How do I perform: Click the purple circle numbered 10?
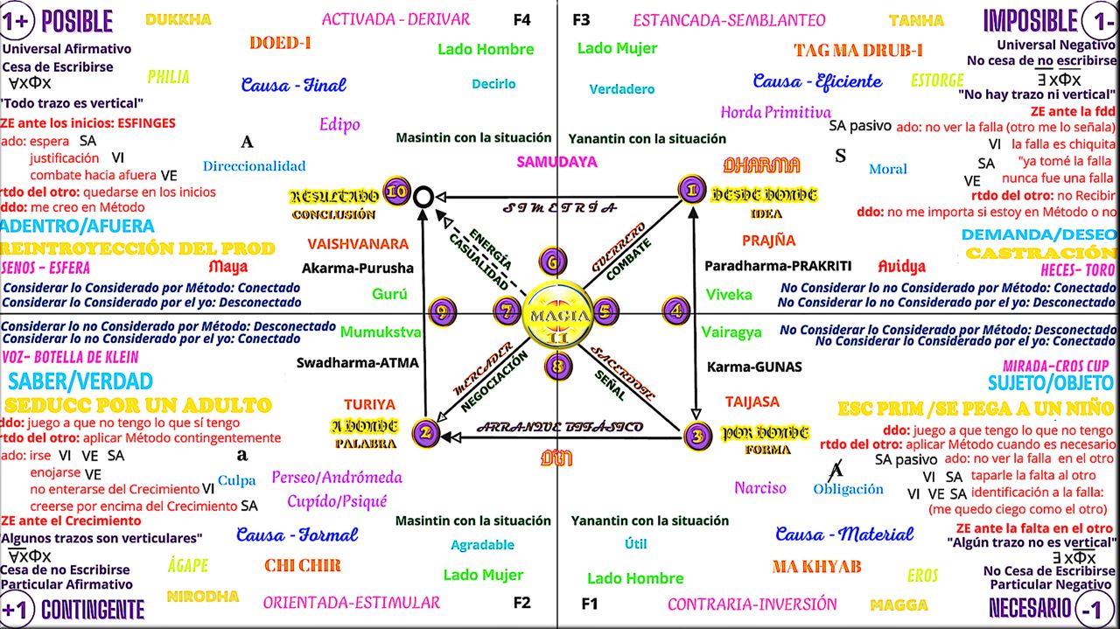398,192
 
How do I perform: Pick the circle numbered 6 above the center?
553,261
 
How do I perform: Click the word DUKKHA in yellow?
178,19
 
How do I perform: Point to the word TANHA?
916,20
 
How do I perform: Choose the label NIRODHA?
202,597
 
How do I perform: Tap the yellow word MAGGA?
899,605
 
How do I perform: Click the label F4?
521,18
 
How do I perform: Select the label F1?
590,604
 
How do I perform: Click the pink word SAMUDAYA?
556,162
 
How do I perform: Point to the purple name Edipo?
339,124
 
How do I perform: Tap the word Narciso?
759,488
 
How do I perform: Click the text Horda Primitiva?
775,112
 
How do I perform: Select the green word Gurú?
389,295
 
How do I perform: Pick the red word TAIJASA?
752,402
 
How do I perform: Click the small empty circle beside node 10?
423,196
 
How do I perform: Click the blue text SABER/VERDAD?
80,381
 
